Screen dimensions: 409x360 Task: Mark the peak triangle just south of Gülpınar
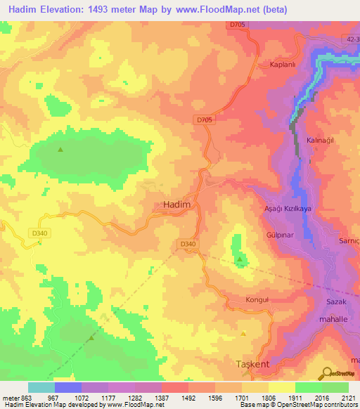[x=240, y=261]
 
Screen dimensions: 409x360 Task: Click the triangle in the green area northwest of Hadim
[x=60, y=149]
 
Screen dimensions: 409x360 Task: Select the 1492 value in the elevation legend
[x=188, y=397]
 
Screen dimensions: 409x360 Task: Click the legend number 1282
[x=134, y=397]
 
